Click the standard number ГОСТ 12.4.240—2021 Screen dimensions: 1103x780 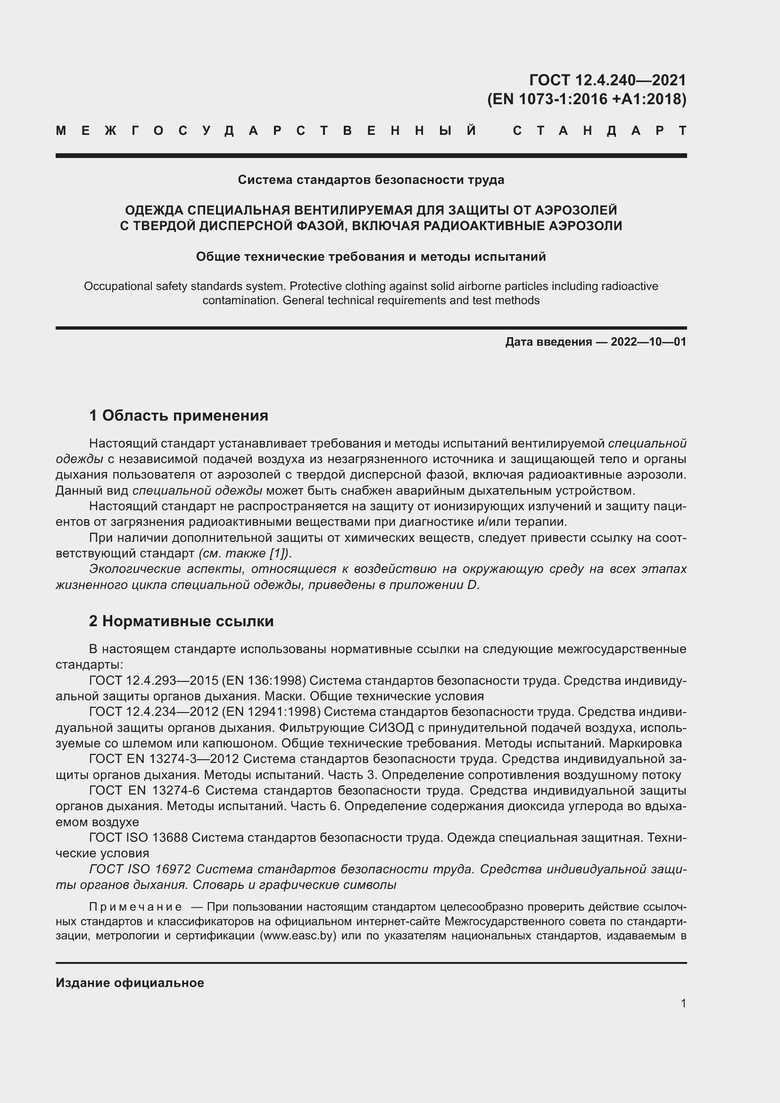[607, 80]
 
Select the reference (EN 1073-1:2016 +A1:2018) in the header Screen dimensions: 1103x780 [587, 99]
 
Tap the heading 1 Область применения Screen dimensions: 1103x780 [179, 415]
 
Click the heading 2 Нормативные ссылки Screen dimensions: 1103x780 [181, 621]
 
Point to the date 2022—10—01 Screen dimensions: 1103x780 [648, 342]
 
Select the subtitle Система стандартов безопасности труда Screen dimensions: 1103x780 [371, 180]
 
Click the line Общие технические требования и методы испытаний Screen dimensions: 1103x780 [371, 257]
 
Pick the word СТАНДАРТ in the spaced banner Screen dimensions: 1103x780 [599, 131]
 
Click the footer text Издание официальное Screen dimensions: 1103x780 [130, 983]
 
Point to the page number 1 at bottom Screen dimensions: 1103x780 [683, 1003]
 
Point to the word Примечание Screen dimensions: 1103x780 [135, 907]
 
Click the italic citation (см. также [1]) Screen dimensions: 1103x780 [244, 554]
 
